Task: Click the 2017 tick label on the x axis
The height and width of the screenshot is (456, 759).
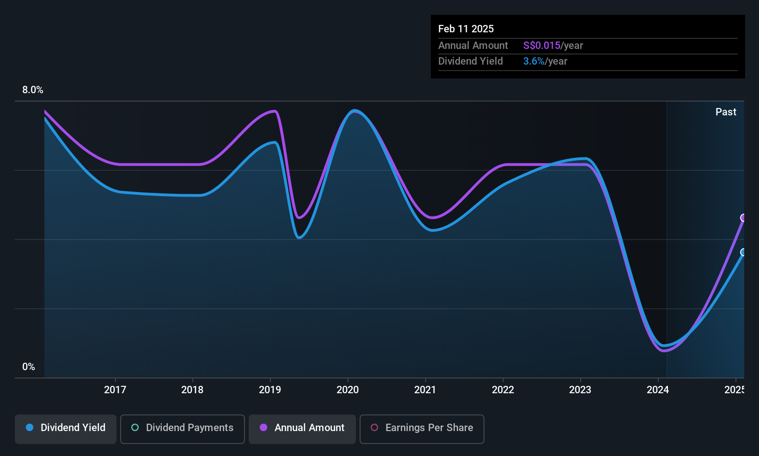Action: click(115, 390)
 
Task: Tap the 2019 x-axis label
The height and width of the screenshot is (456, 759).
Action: click(270, 390)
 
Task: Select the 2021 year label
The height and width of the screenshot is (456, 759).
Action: click(425, 390)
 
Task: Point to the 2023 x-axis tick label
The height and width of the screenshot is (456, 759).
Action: click(580, 390)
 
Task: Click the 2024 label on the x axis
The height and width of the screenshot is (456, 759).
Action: click(658, 390)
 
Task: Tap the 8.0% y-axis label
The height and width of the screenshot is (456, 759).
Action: click(33, 90)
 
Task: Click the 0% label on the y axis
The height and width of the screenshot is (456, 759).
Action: click(29, 367)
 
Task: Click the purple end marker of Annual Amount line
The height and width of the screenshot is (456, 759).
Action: click(743, 218)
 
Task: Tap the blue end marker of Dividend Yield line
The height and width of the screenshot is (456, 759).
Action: click(743, 252)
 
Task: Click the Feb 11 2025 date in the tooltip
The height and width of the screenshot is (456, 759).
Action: click(466, 29)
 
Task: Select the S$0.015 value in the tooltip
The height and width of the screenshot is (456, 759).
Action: click(541, 46)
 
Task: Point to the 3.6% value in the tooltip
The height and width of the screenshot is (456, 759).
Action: click(533, 61)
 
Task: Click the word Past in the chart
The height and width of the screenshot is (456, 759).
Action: click(726, 112)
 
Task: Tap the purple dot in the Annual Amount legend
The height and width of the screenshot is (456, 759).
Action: click(263, 427)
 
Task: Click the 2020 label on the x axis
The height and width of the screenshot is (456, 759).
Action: click(348, 390)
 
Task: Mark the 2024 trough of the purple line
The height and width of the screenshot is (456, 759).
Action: click(664, 351)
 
